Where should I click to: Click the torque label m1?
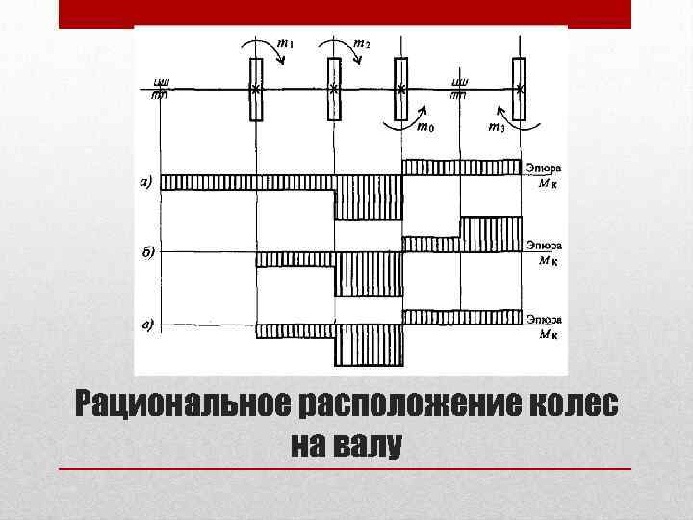287,43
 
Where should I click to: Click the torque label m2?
362,43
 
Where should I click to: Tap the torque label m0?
424,126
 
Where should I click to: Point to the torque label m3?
496,127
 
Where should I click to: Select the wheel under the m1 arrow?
256,90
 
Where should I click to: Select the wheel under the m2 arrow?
334,90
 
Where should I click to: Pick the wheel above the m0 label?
401,90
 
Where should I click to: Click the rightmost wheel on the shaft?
520,90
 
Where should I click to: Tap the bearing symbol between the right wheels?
460,89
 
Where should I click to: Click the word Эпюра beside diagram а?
544,166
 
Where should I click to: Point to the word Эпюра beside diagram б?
544,247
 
